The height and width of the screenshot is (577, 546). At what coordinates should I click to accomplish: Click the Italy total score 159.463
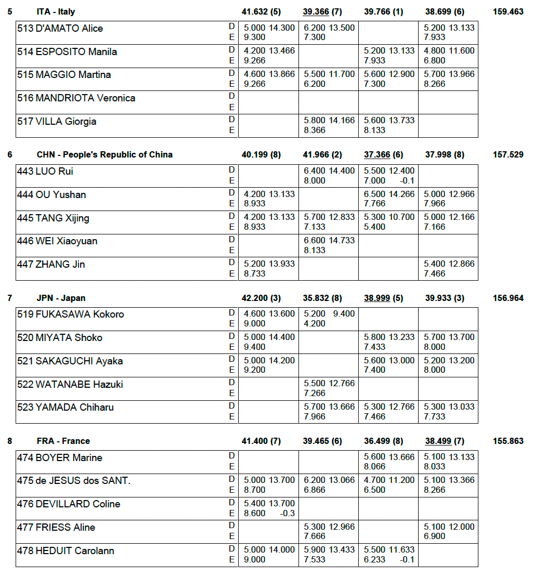[508, 11]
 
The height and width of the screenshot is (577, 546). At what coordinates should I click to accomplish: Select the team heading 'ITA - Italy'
[56, 11]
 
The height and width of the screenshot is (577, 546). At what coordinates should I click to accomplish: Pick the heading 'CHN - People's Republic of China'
[105, 154]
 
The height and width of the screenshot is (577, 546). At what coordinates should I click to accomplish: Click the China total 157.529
[508, 154]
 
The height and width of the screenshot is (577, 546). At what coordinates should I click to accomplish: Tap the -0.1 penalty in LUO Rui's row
[408, 180]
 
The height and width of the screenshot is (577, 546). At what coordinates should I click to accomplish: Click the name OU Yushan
[60, 194]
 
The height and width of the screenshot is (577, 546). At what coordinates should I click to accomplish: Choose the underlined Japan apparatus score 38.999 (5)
[383, 298]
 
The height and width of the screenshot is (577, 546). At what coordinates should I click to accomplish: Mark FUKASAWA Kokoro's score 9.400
[344, 313]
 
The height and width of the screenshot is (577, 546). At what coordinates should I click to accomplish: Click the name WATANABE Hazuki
[79, 384]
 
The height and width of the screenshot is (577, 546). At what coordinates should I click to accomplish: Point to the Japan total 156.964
[508, 298]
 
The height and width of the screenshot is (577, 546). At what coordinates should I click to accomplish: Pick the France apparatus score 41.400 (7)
[261, 441]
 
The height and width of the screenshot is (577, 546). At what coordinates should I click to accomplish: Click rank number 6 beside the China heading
[9, 154]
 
